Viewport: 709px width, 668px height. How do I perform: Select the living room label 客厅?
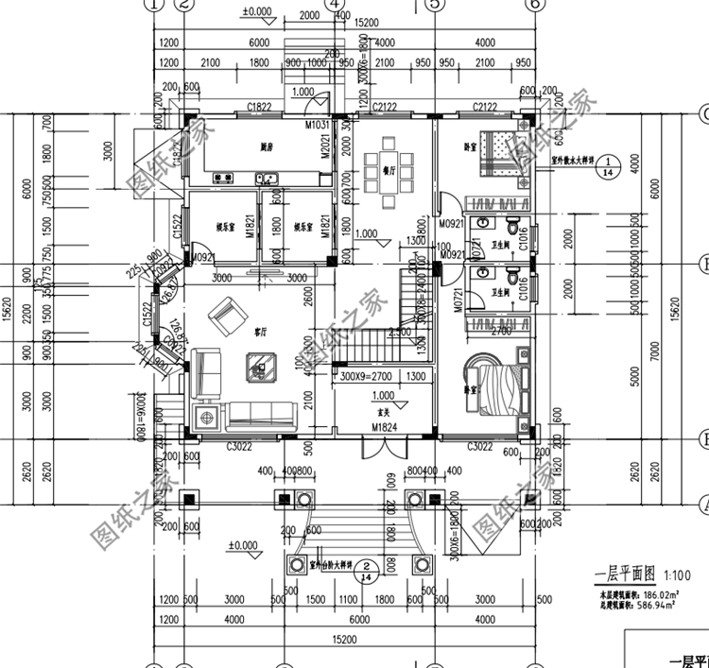tap(259, 333)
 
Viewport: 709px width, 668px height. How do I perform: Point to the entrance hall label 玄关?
tap(384, 412)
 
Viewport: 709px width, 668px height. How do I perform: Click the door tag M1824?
tap(384, 428)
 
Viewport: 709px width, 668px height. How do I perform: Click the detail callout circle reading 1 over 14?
tap(610, 166)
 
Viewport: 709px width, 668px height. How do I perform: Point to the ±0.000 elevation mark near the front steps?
tap(243, 546)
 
